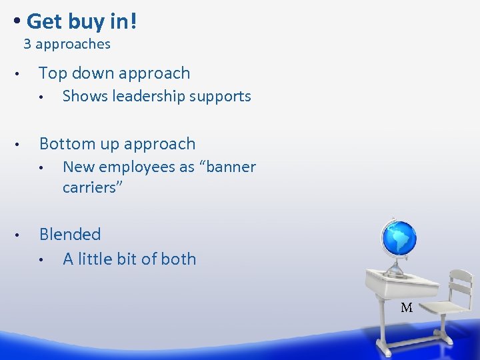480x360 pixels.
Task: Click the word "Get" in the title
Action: point(44,21)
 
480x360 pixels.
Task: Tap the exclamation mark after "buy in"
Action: point(134,21)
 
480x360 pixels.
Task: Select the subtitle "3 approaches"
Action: point(67,45)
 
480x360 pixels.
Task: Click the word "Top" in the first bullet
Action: point(53,73)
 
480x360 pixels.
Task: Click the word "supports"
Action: point(220,97)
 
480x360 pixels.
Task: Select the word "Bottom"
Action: point(65,144)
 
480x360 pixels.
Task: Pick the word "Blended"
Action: point(70,235)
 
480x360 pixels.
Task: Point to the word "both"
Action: point(179,259)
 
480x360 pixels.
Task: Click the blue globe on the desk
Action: point(399,239)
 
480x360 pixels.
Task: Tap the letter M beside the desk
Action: point(407,308)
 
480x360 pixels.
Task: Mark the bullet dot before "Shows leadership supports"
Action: point(42,97)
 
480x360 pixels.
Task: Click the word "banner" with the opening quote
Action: point(227,167)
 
